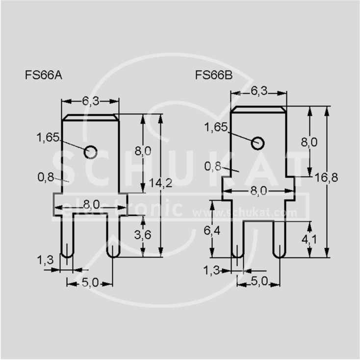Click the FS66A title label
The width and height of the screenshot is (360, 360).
(44, 75)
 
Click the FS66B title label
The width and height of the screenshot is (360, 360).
(214, 75)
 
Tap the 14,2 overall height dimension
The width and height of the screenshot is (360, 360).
(161, 183)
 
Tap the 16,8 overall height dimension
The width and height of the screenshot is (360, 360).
(326, 178)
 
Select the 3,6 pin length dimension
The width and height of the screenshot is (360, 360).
(143, 234)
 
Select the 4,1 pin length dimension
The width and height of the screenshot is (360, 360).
(309, 240)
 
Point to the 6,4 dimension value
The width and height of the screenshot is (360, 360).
(212, 231)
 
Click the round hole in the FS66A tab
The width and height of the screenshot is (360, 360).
(90, 152)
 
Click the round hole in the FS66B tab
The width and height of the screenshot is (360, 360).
(257, 143)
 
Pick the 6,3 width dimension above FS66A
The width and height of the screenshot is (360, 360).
(91, 101)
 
